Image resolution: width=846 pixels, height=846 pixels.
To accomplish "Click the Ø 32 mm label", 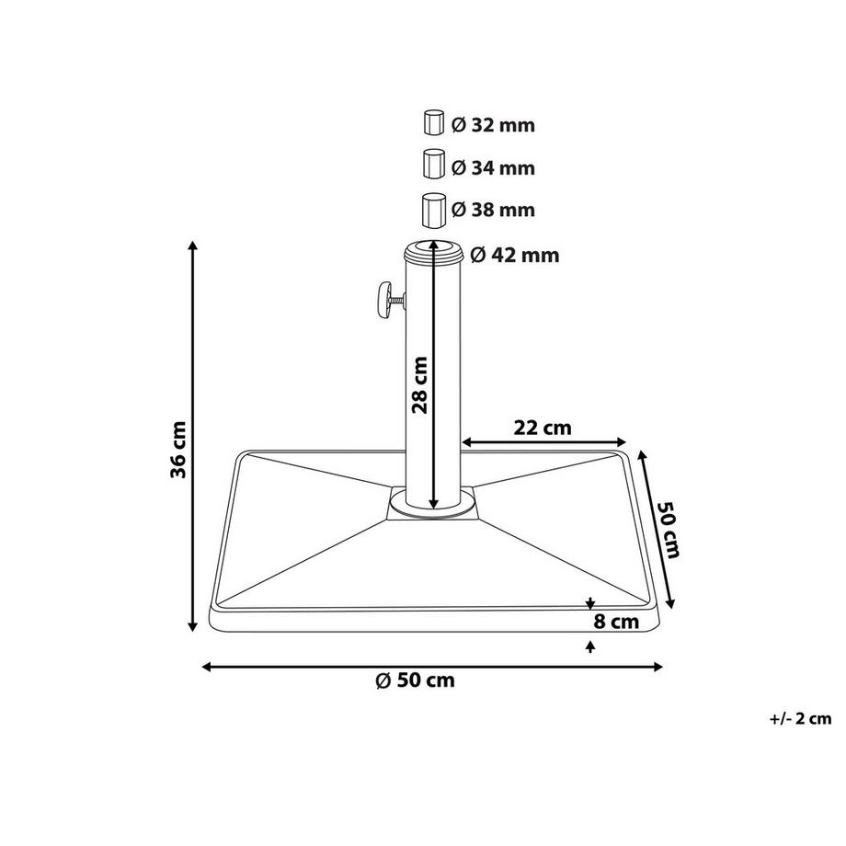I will click(493, 125).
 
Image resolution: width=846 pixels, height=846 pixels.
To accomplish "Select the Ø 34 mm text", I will click(493, 168).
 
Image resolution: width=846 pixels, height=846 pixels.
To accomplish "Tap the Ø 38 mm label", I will click(493, 211).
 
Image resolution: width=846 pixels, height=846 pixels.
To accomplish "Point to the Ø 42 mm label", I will click(514, 256).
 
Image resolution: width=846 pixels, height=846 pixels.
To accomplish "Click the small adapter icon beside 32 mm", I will click(433, 123).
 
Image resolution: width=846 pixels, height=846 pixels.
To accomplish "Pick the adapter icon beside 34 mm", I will click(433, 166).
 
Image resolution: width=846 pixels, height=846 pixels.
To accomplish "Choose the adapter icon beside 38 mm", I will click(433, 210).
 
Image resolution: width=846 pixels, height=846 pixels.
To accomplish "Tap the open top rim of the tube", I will click(430, 250).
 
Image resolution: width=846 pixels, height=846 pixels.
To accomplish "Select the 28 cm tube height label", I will click(420, 384).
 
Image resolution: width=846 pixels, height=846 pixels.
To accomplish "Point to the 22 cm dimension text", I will click(543, 428).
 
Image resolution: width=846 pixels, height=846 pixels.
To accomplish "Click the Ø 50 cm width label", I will click(415, 680).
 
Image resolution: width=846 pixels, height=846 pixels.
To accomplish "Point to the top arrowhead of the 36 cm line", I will click(193, 246).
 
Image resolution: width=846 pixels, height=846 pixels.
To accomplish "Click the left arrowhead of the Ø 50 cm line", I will click(208, 667).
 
